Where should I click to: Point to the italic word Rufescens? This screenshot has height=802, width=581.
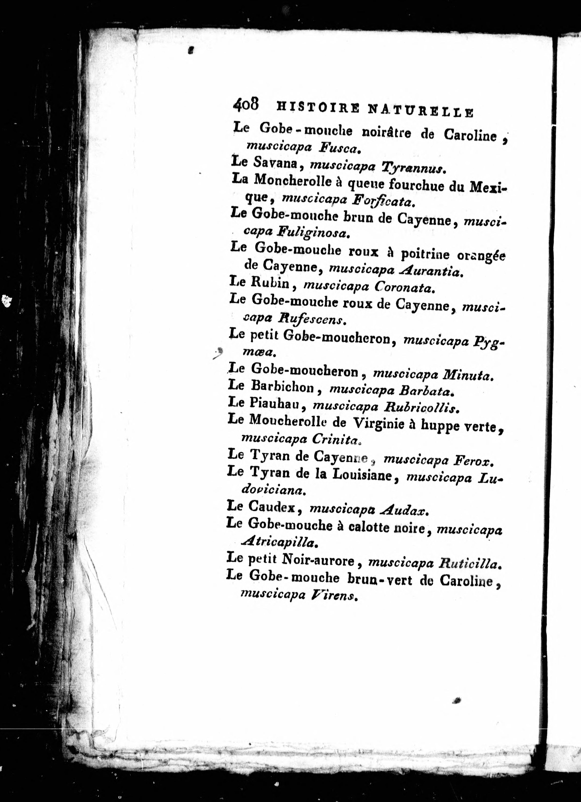[311, 320]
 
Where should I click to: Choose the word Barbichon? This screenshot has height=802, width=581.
[282, 388]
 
